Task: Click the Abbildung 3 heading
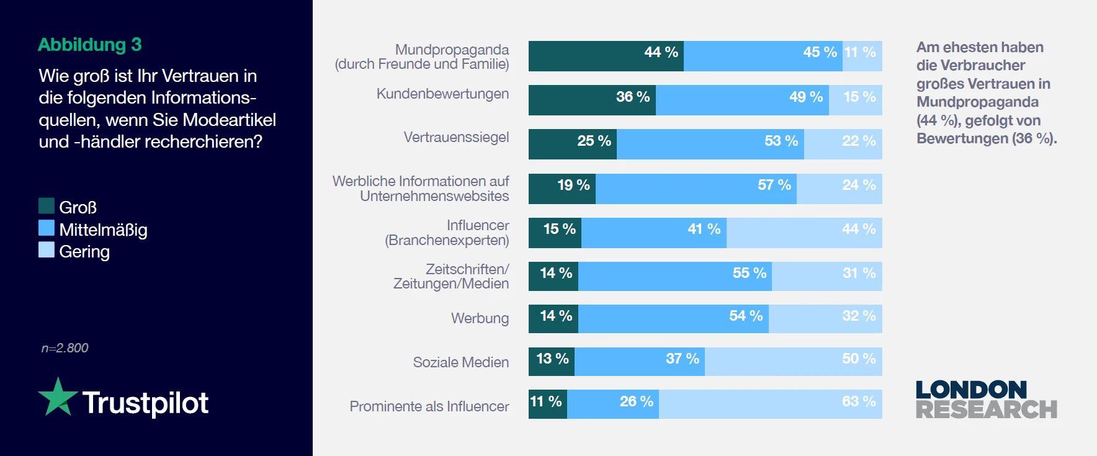[x=90, y=45]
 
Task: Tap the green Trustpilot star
[x=58, y=398]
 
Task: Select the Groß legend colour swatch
[x=47, y=206]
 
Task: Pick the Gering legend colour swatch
[x=47, y=250]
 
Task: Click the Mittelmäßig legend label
[x=103, y=230]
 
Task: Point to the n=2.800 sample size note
[x=65, y=348]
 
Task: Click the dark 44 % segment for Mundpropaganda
[x=606, y=56]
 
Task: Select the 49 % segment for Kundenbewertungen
[x=742, y=100]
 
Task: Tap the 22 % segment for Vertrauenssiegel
[x=843, y=144]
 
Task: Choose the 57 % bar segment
[x=696, y=189]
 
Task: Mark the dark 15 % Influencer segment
[x=555, y=233]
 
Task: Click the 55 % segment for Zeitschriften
[x=674, y=276]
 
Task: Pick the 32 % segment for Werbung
[x=825, y=319]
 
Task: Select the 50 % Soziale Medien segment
[x=793, y=362]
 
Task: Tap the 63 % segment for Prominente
[x=770, y=404]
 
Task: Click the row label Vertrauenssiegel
[x=456, y=137]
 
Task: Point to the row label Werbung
[x=480, y=318]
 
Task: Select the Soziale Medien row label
[x=460, y=362]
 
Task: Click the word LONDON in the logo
[x=971, y=390]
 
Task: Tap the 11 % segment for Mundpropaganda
[x=862, y=56]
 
